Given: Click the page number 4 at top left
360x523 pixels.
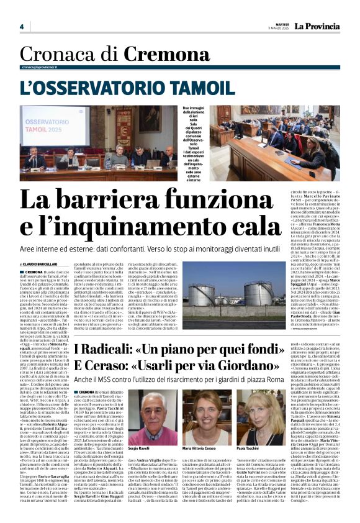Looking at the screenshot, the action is pyautogui.click(x=21, y=27).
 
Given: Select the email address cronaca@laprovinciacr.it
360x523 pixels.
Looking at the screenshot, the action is pyautogui.click(x=47, y=67).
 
